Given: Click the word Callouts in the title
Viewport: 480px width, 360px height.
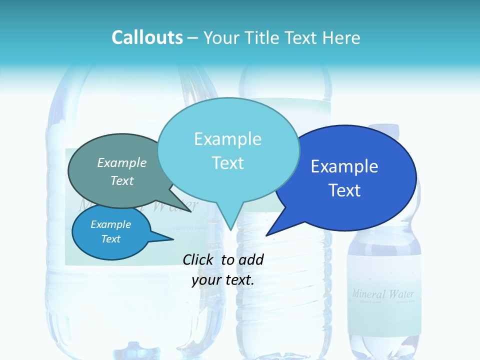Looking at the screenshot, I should point(147,38).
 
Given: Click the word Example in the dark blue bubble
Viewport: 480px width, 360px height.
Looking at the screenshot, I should point(344,166).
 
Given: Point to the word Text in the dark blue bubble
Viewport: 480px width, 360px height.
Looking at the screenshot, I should point(344,190).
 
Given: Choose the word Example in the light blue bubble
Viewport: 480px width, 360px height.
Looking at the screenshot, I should point(227,139).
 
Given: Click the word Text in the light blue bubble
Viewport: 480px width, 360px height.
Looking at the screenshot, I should point(227,163).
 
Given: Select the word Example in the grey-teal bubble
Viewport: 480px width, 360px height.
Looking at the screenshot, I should point(122,163).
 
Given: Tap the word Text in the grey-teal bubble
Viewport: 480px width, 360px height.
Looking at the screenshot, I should point(122,180).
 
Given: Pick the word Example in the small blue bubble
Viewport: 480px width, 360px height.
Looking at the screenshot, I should point(111,224).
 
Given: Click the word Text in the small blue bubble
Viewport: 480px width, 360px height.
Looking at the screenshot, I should point(111,239).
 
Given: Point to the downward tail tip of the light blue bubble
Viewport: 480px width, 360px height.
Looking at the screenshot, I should point(230,229).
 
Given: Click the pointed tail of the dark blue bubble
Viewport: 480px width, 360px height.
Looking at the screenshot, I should point(268,234).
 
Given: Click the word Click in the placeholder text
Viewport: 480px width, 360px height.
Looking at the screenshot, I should point(199,259).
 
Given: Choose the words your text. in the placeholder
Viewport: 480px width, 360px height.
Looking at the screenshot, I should point(223,280).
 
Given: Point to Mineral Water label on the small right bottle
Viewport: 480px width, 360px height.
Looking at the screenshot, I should point(383,294).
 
